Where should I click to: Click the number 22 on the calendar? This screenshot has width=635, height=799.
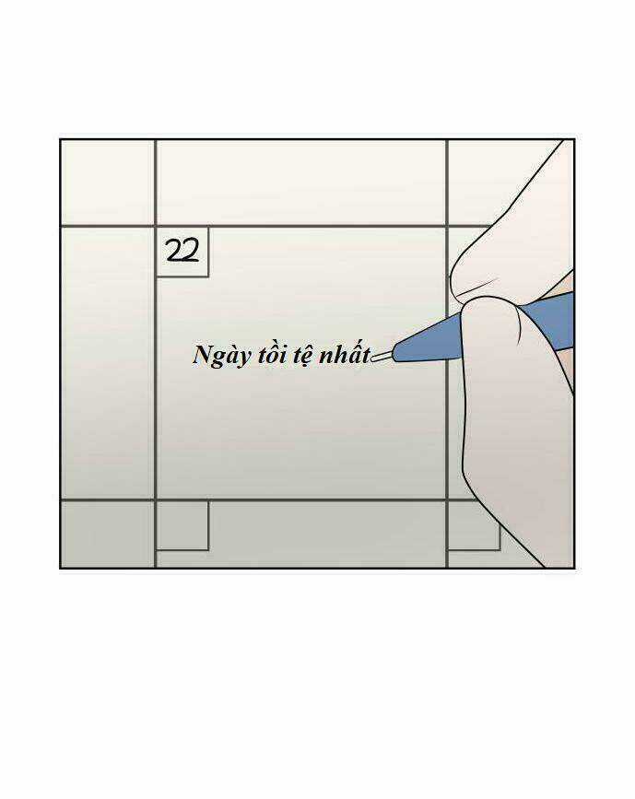click(x=182, y=251)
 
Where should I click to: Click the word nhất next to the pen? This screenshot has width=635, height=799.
click(x=345, y=354)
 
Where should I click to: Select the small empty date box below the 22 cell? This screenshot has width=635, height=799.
click(x=182, y=526)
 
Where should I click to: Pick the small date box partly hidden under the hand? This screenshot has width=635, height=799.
click(x=474, y=526)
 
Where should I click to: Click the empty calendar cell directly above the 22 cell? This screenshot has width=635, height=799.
click(x=301, y=182)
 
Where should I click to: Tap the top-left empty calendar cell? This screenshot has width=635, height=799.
click(x=108, y=182)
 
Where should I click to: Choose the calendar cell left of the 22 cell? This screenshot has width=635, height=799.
click(x=108, y=363)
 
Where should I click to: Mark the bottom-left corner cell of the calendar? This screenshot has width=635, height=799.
click(x=108, y=534)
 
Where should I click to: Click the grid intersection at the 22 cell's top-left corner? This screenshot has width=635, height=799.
click(x=156, y=226)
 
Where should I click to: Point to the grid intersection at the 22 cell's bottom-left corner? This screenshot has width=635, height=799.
click(x=156, y=500)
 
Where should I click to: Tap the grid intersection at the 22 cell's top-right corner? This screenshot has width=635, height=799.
click(x=447, y=226)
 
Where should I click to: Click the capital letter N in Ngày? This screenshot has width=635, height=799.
click(x=203, y=354)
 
